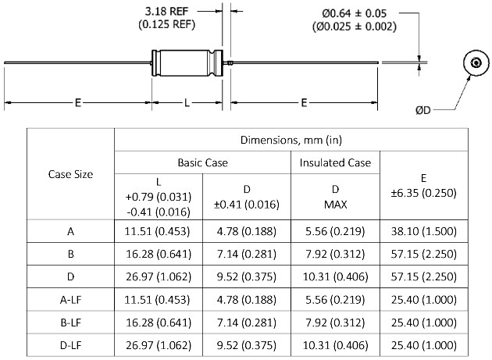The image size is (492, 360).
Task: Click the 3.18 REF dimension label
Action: [x=166, y=11]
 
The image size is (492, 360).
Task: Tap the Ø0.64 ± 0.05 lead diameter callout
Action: [x=355, y=13]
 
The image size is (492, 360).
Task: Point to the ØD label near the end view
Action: [x=423, y=110]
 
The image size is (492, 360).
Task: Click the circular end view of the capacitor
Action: [x=476, y=62]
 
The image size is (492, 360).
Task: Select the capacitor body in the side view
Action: [x=187, y=62]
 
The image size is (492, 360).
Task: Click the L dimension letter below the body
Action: [x=187, y=102]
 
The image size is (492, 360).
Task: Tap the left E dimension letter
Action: [x=78, y=102]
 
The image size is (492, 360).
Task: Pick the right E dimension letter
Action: [x=304, y=102]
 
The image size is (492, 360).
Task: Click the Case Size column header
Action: [x=70, y=174]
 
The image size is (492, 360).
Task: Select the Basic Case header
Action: [x=203, y=162]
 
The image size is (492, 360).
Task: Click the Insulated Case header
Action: [x=335, y=162]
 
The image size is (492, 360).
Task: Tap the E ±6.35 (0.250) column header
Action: [x=423, y=186]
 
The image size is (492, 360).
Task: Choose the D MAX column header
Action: [x=335, y=197]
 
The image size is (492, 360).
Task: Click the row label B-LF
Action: [x=70, y=323]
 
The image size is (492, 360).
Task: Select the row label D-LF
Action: [x=70, y=346]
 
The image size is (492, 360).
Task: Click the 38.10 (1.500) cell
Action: [x=423, y=231]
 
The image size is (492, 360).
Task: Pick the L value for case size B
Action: [x=159, y=254]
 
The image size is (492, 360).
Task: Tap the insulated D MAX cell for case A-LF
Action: [x=335, y=300]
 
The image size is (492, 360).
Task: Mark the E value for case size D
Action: [x=423, y=276]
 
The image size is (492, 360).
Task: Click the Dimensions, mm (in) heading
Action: [x=291, y=140]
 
